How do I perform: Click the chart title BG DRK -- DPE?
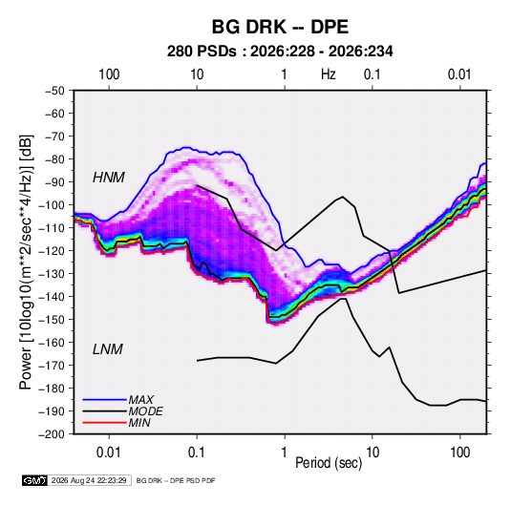click(280, 27)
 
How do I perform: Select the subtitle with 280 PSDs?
click(280, 52)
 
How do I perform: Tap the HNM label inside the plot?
click(109, 178)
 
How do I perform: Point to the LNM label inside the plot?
click(108, 349)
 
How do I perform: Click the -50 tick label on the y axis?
click(54, 91)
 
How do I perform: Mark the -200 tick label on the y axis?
click(52, 434)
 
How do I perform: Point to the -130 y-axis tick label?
click(52, 274)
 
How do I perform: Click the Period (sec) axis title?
click(329, 463)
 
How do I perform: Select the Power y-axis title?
click(26, 263)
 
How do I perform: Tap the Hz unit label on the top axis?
click(329, 74)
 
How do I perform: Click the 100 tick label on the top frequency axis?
click(109, 74)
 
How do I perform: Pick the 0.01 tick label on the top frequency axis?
click(459, 74)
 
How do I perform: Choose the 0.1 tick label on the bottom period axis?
click(196, 452)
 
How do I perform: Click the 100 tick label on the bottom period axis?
click(459, 452)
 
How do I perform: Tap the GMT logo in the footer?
click(35, 480)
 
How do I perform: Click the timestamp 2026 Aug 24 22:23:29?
click(89, 480)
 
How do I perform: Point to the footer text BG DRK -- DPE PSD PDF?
click(176, 480)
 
